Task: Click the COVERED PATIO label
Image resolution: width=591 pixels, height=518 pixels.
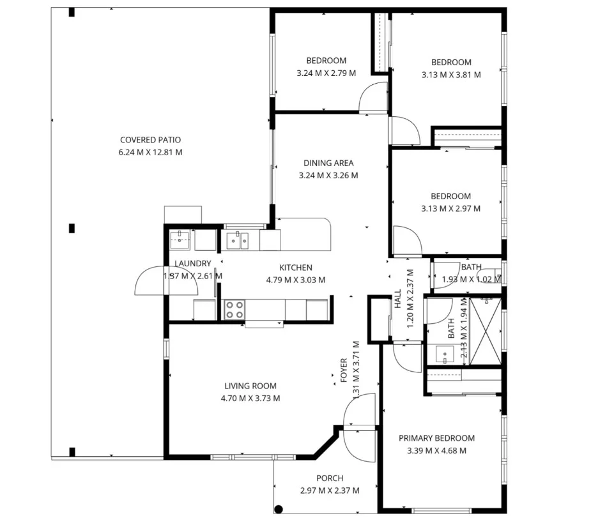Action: pyautogui.click(x=150, y=140)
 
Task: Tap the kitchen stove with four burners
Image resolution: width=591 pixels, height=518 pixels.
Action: pyautogui.click(x=234, y=310)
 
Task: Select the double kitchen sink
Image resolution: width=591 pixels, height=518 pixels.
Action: pyautogui.click(x=238, y=240)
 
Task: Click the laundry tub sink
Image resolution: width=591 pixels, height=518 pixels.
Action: pyautogui.click(x=180, y=240)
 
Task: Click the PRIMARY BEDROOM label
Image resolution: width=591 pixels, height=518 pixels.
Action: pyautogui.click(x=436, y=438)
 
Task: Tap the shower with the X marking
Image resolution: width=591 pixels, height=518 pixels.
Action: pyautogui.click(x=485, y=330)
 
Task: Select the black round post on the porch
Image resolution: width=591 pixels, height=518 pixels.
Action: pyautogui.click(x=279, y=509)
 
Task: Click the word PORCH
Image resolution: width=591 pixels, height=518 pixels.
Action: pyautogui.click(x=330, y=478)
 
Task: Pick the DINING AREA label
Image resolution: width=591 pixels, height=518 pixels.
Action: pyautogui.click(x=328, y=163)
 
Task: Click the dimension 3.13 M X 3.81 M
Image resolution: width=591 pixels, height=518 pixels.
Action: pyautogui.click(x=451, y=74)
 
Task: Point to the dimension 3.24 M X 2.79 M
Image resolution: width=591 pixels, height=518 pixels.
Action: pyautogui.click(x=326, y=73)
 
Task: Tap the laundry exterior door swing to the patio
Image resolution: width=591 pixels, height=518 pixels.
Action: pyautogui.click(x=149, y=281)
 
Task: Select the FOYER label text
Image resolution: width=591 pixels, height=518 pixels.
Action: pyautogui.click(x=344, y=370)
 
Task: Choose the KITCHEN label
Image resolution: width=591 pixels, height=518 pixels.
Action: pyautogui.click(x=296, y=268)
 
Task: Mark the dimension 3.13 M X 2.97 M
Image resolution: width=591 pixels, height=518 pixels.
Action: pyautogui.click(x=451, y=208)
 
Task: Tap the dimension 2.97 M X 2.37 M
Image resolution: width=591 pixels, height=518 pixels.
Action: pyautogui.click(x=330, y=491)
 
